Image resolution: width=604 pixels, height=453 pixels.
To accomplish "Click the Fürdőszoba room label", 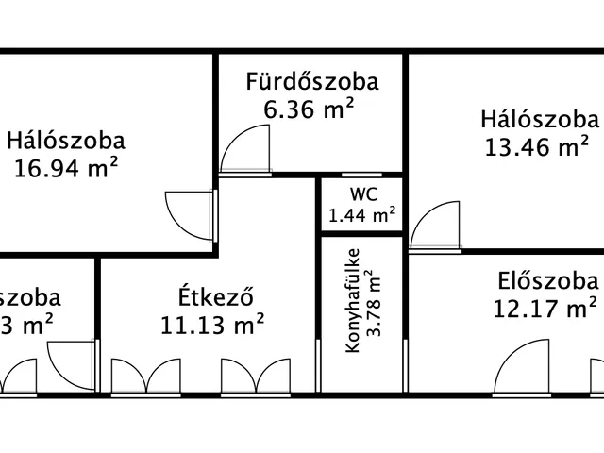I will [312, 81].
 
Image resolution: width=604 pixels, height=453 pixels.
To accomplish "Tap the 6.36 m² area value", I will [309, 109].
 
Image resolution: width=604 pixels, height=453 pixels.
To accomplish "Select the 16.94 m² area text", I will [66, 169].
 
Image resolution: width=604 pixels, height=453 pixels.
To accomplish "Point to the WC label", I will [363, 194].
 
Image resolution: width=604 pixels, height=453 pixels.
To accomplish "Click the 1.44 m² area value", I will [362, 215].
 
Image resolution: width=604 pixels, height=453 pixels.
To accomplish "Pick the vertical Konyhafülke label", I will [353, 300].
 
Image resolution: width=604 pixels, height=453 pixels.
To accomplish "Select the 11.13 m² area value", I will [212, 326].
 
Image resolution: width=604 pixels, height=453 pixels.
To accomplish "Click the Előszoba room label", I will [548, 280].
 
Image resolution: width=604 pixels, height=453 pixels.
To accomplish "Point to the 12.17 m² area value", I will [545, 308].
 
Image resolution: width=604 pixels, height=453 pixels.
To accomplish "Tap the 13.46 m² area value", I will [537, 147].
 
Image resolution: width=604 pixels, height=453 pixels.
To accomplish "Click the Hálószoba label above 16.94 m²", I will [66, 142].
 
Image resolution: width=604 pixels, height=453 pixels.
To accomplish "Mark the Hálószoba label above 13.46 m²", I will [539, 120].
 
